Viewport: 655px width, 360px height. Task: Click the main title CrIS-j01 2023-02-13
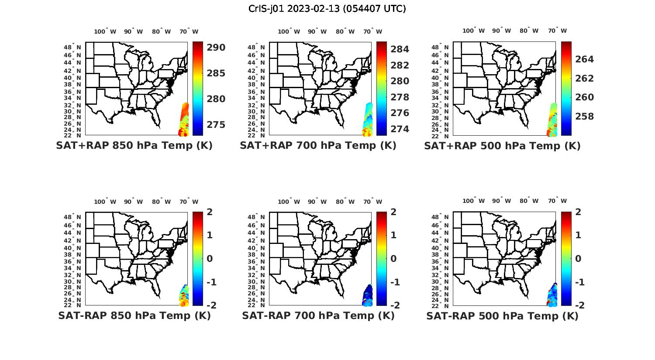tap(327, 9)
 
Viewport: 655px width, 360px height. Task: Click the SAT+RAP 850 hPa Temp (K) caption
tap(134, 145)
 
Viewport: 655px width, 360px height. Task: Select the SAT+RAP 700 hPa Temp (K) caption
tap(318, 145)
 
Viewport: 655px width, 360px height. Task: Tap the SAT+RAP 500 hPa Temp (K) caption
tap(502, 146)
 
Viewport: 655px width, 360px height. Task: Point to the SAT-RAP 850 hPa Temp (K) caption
tap(134, 315)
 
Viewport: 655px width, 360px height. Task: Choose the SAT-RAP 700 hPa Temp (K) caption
tap(318, 315)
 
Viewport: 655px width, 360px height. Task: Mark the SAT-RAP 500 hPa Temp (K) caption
tap(502, 316)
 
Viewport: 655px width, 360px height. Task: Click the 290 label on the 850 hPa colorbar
tap(216, 48)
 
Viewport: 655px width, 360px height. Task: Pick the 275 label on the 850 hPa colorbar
tap(216, 125)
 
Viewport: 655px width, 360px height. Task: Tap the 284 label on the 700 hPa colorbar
tap(400, 49)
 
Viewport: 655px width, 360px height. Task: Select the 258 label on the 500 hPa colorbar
tap(585, 117)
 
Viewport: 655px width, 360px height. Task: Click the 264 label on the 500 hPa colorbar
tap(585, 59)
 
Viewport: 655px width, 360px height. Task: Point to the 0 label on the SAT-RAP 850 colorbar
tap(210, 258)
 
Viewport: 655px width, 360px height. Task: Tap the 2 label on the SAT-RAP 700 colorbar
tap(393, 212)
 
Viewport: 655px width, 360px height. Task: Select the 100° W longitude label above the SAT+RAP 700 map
tap(289, 31)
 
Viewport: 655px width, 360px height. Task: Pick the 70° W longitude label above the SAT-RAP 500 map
tap(557, 201)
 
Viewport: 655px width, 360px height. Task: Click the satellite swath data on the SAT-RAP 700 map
tap(368, 295)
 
